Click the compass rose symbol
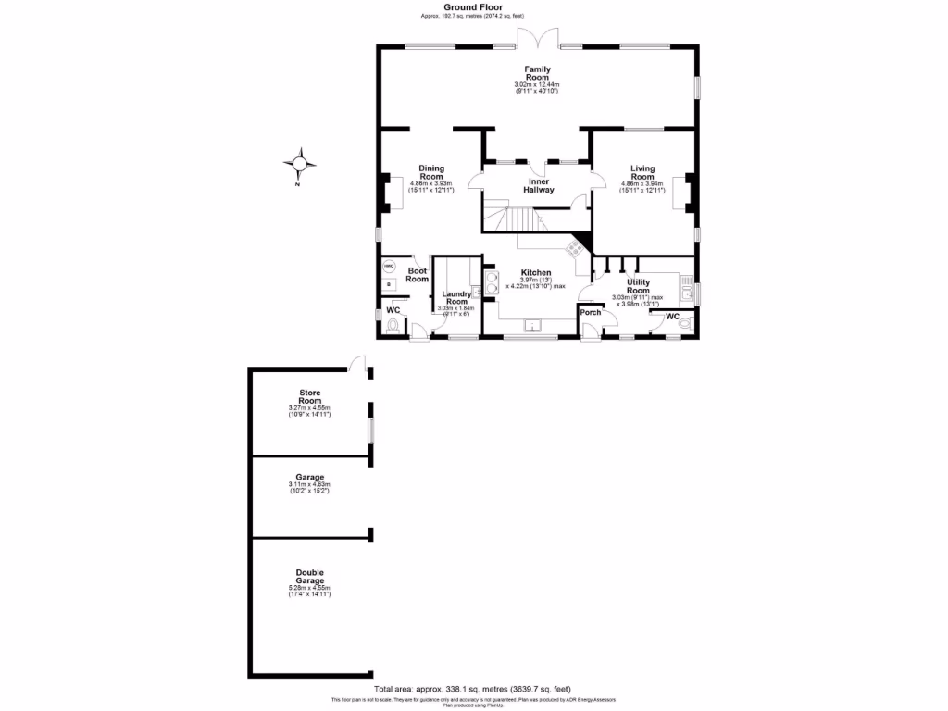click(299, 164)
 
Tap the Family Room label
click(537, 73)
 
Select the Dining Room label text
click(431, 172)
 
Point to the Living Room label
click(642, 172)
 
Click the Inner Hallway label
click(541, 185)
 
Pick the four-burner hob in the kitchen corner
click(574, 248)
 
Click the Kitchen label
click(535, 272)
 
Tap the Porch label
click(590, 313)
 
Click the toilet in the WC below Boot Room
click(395, 326)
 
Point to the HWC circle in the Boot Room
click(388, 266)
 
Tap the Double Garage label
click(309, 576)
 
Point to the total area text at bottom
click(473, 690)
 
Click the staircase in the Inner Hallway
click(518, 220)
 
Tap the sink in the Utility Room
click(688, 293)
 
